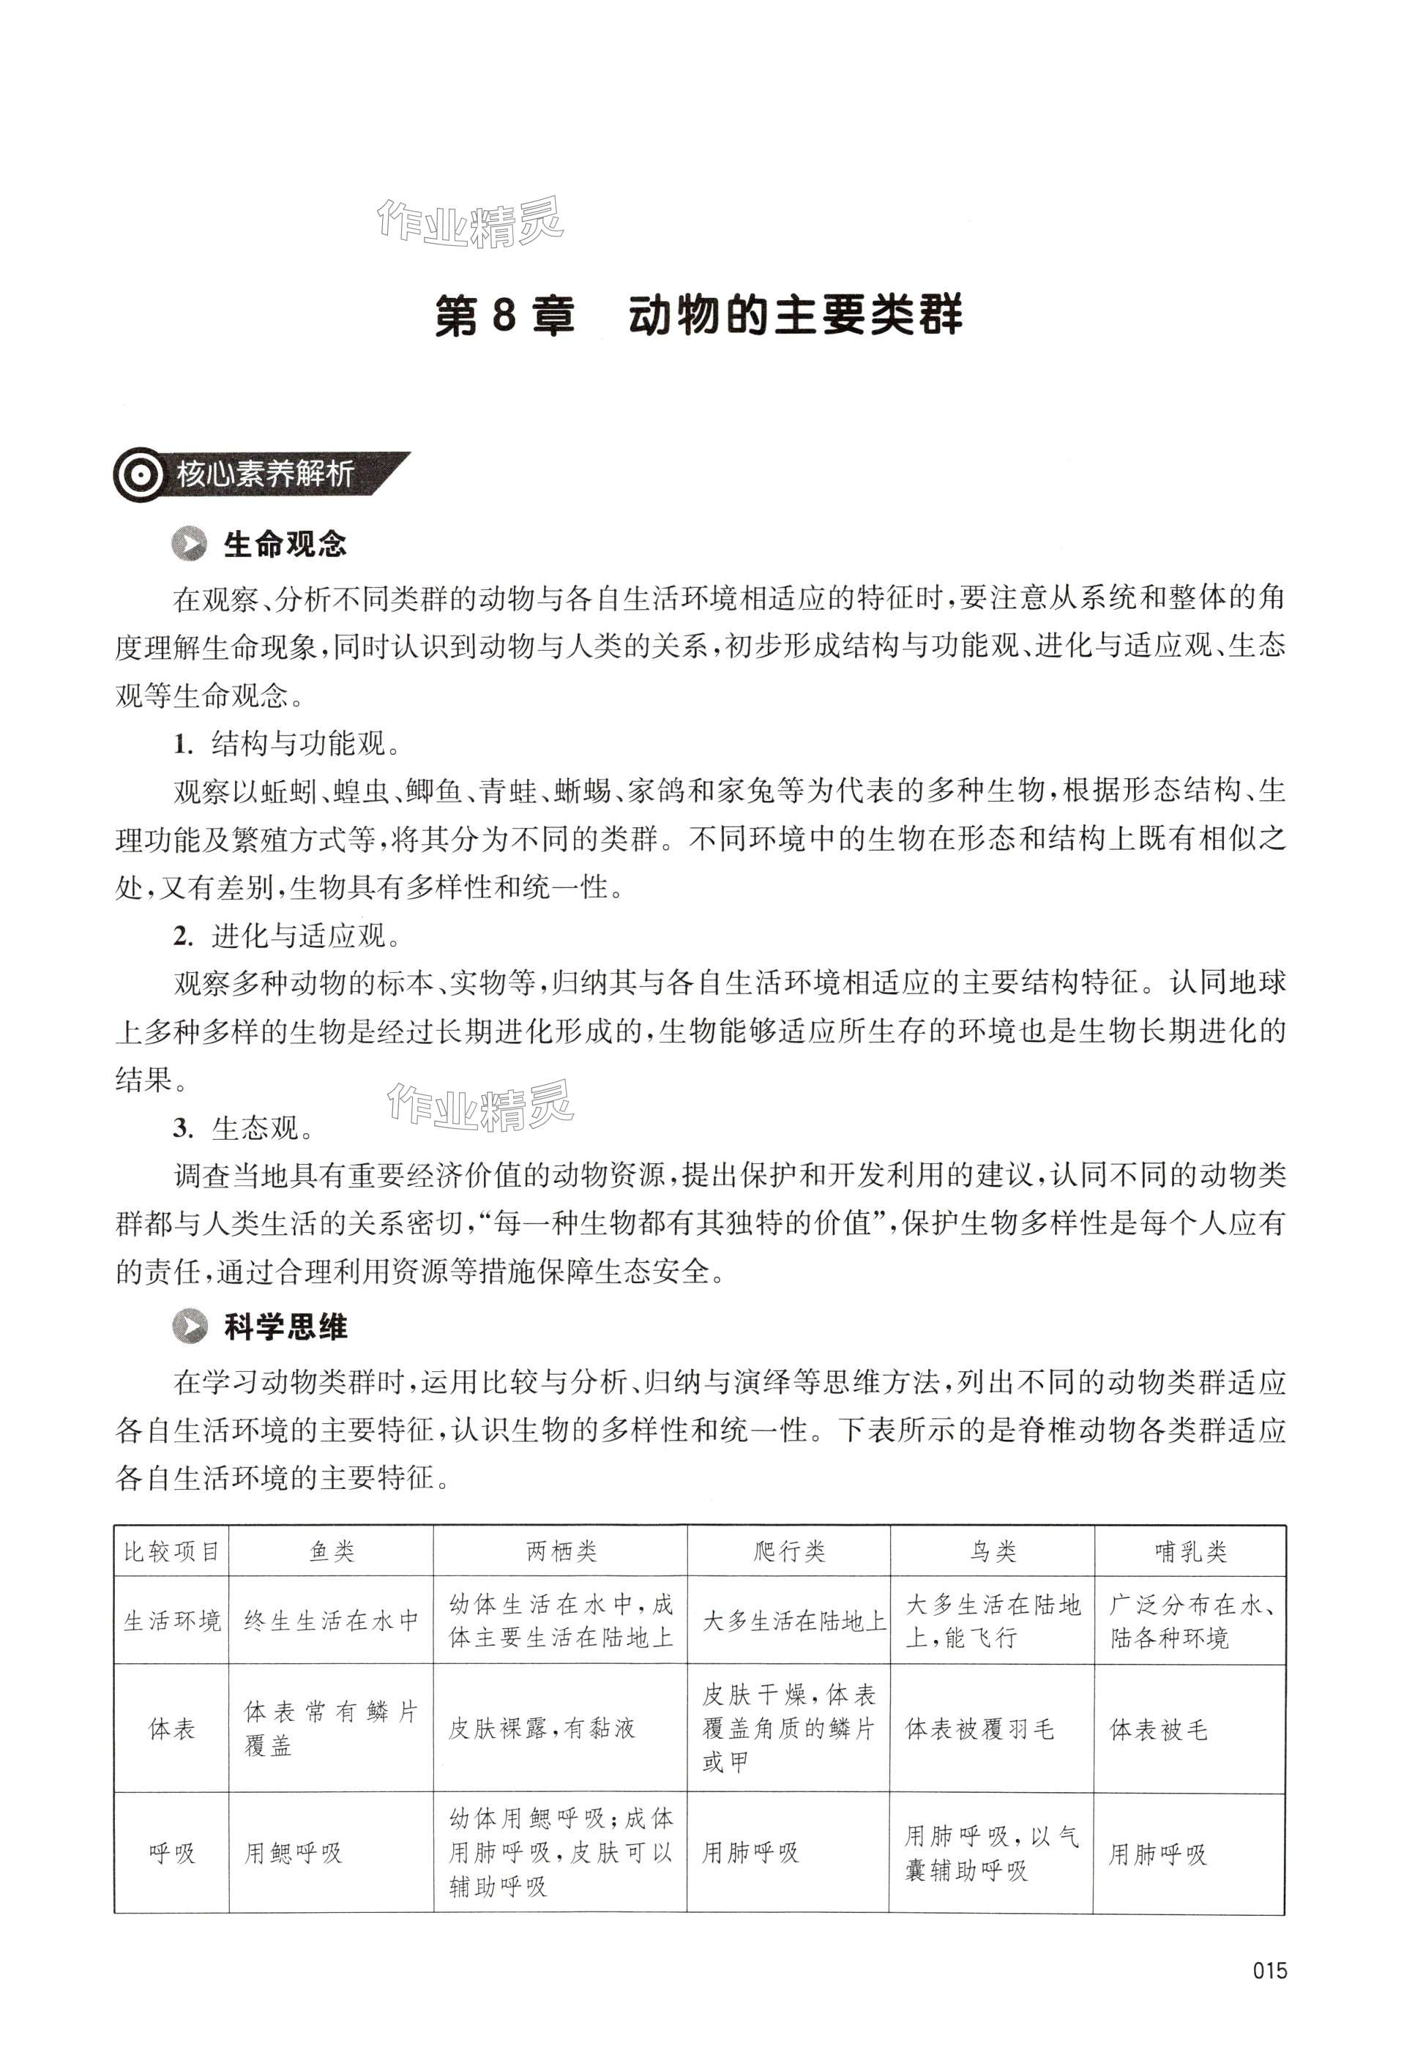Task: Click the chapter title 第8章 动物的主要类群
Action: point(698,316)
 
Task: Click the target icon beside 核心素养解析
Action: point(140,476)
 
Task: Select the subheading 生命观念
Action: point(284,545)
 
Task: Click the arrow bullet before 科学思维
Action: point(190,1327)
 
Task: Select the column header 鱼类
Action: point(332,1551)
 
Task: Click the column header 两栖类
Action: point(561,1551)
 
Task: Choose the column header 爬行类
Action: point(789,1551)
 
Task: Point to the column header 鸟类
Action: point(993,1551)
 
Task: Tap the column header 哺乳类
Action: point(1190,1551)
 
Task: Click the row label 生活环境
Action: point(172,1621)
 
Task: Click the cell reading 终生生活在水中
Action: point(331,1621)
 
